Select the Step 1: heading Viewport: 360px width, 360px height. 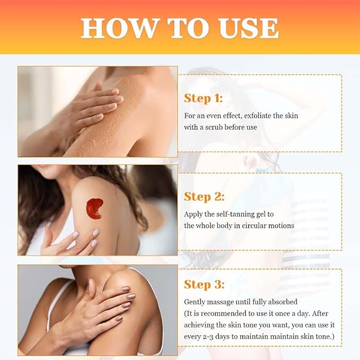203,99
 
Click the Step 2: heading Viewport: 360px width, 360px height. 204,197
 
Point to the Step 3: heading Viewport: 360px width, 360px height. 204,284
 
